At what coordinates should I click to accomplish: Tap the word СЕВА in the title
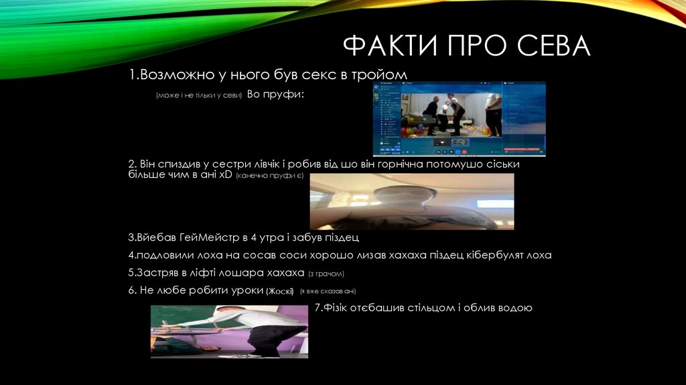tap(553, 46)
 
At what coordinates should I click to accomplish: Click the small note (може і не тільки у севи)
tap(198, 95)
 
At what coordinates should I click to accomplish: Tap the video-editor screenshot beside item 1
tap(459, 119)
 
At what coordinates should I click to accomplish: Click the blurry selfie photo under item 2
tap(411, 201)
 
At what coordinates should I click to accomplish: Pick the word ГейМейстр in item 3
tap(205, 238)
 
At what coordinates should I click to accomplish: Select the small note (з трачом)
tap(326, 274)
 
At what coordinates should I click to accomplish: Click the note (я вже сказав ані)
tap(328, 291)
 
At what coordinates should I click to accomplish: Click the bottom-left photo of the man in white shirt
tap(229, 331)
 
